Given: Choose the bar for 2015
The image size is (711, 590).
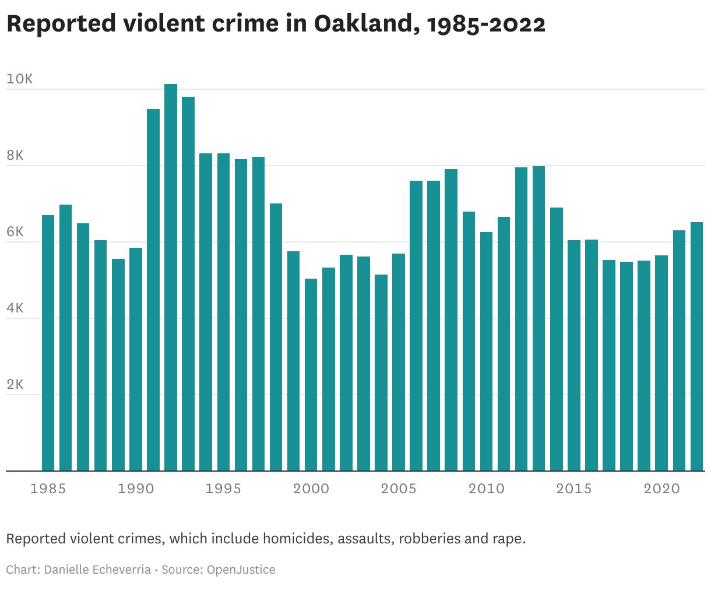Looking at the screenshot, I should tap(574, 355).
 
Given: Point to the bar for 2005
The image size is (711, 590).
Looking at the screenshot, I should tap(399, 362).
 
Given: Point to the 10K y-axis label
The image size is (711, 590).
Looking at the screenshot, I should tap(20, 79).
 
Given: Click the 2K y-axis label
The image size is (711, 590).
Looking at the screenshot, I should tap(15, 385).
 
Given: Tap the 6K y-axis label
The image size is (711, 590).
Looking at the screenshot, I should tap(15, 232).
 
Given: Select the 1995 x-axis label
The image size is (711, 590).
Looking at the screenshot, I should tap(223, 489).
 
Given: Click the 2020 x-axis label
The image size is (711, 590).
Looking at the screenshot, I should tap(661, 489).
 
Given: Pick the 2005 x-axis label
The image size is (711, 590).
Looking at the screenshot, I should tap(399, 489).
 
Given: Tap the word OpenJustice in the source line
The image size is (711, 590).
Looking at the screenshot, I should tap(241, 570).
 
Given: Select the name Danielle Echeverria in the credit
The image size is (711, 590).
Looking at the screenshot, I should tap(97, 570).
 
